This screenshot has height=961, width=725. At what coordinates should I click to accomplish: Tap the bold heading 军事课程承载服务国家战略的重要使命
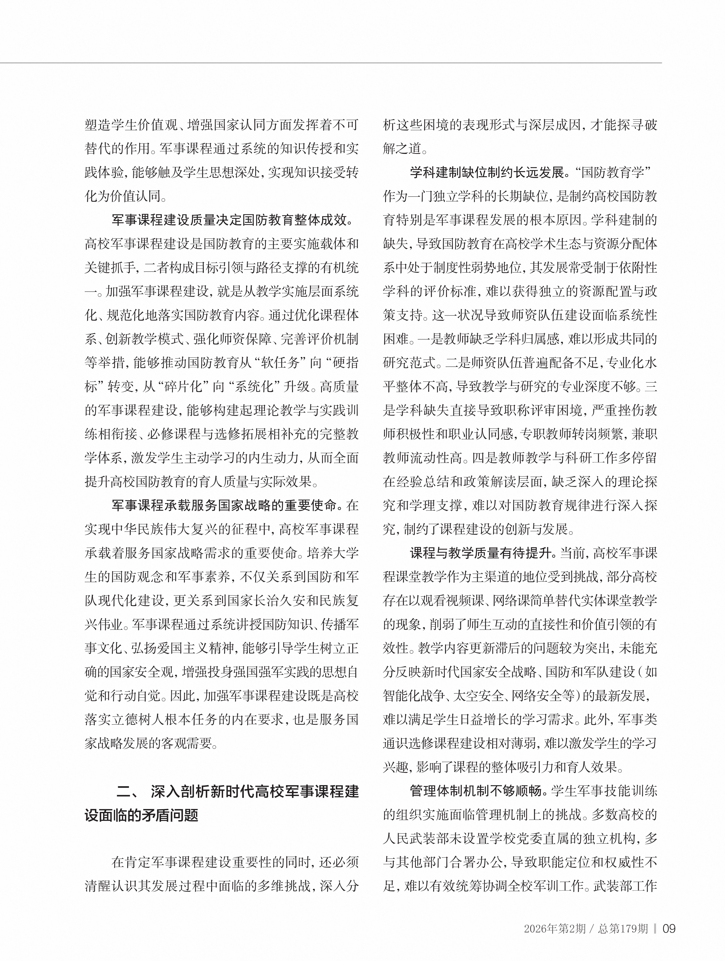[x=224, y=505]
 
